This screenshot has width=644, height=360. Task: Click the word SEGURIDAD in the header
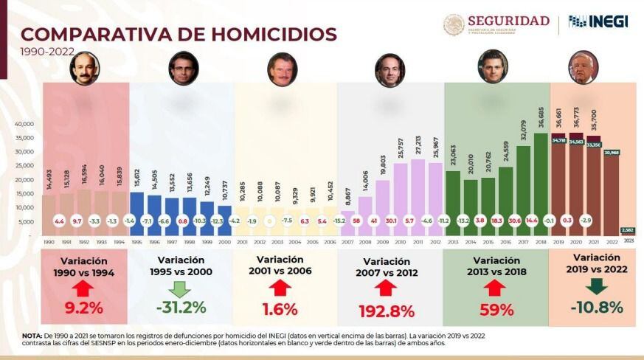pyautogui.click(x=509, y=21)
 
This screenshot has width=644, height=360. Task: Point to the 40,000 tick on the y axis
pyautogui.click(x=26, y=124)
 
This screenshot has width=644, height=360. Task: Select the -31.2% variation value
pyautogui.click(x=181, y=308)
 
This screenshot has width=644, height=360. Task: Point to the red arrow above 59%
pyautogui.click(x=496, y=285)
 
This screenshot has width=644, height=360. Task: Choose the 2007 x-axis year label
pyautogui.click(x=347, y=241)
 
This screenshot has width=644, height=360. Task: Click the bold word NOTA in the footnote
pyautogui.click(x=32, y=334)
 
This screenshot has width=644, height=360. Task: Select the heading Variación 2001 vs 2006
pyautogui.click(x=281, y=265)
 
